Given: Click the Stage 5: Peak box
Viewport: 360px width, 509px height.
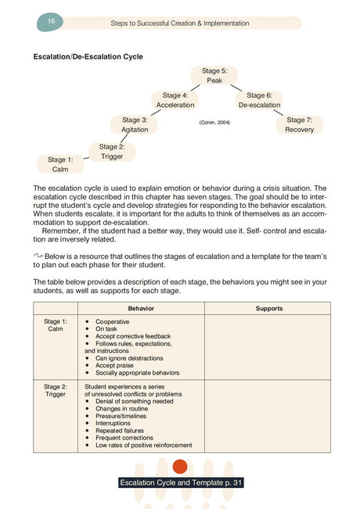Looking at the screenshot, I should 214,76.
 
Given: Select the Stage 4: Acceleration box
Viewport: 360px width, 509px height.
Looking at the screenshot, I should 175,100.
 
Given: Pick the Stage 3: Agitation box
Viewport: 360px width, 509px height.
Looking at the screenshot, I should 135,124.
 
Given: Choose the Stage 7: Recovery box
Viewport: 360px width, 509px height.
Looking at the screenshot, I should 299,124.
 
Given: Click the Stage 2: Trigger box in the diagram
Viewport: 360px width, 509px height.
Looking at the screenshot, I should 111,151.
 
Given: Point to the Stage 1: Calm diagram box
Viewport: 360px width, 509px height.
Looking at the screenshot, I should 60,164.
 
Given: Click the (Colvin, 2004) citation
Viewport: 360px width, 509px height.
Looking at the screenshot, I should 214,123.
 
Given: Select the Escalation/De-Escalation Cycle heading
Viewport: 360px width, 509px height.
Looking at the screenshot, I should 87,56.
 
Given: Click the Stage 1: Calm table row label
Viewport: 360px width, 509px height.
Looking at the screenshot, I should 55,325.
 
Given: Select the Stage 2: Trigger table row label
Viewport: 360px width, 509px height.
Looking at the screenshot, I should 55,390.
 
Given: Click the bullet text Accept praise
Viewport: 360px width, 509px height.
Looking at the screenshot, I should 117,365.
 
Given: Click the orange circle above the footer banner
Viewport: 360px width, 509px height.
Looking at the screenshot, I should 180,468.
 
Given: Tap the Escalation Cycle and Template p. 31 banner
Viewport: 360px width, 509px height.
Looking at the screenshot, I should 181,483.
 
